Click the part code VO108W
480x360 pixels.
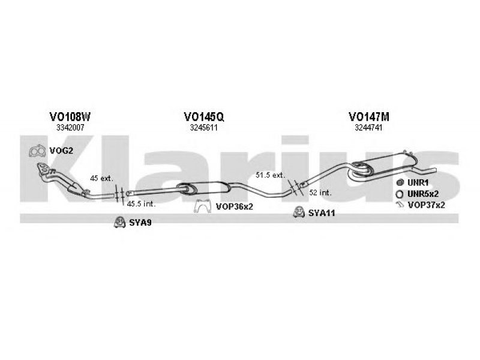click(x=70, y=116)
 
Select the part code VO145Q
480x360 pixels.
click(x=203, y=116)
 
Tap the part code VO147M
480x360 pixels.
click(x=368, y=116)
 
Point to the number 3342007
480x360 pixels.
click(x=70, y=128)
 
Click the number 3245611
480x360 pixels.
click(x=203, y=128)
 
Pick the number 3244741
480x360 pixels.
click(x=368, y=128)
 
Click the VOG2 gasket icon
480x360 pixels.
click(x=37, y=151)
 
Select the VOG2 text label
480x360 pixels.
click(x=61, y=151)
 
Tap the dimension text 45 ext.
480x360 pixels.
click(x=101, y=178)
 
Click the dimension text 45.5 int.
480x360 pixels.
click(x=141, y=204)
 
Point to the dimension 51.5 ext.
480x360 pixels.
click(x=271, y=175)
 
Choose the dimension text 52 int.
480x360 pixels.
click(x=320, y=193)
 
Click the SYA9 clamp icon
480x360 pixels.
click(x=119, y=223)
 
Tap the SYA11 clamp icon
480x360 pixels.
click(x=298, y=212)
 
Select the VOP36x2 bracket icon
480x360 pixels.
click(x=203, y=206)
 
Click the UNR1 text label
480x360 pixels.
click(x=418, y=183)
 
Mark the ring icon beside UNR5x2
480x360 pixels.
click(x=399, y=194)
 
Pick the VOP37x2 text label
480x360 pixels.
click(x=426, y=205)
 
